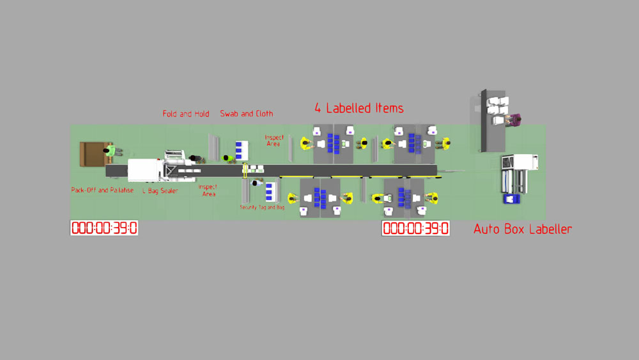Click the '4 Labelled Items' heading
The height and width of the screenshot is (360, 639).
pyautogui.click(x=358, y=108)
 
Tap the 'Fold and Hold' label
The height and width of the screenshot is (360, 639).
pyautogui.click(x=186, y=114)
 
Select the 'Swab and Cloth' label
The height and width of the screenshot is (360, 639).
pyautogui.click(x=247, y=114)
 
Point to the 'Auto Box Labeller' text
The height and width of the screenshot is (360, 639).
pyautogui.click(x=523, y=229)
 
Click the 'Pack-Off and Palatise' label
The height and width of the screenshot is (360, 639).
pyautogui.click(x=102, y=191)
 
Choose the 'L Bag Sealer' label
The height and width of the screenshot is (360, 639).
pyautogui.click(x=160, y=191)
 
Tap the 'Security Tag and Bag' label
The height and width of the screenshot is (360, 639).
pyautogui.click(x=262, y=207)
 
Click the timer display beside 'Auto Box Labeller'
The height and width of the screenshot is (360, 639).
pyautogui.click(x=415, y=228)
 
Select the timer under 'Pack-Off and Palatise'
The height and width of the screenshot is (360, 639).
pyautogui.click(x=104, y=228)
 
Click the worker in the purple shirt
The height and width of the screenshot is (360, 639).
pyautogui.click(x=515, y=119)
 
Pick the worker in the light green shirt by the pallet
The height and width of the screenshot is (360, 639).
pyautogui.click(x=112, y=151)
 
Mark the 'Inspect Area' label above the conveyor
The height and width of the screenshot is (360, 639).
pyautogui.click(x=274, y=141)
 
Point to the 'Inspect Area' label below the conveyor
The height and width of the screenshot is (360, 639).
pyautogui.click(x=208, y=191)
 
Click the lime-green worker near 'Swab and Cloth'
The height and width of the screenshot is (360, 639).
pyautogui.click(x=227, y=158)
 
